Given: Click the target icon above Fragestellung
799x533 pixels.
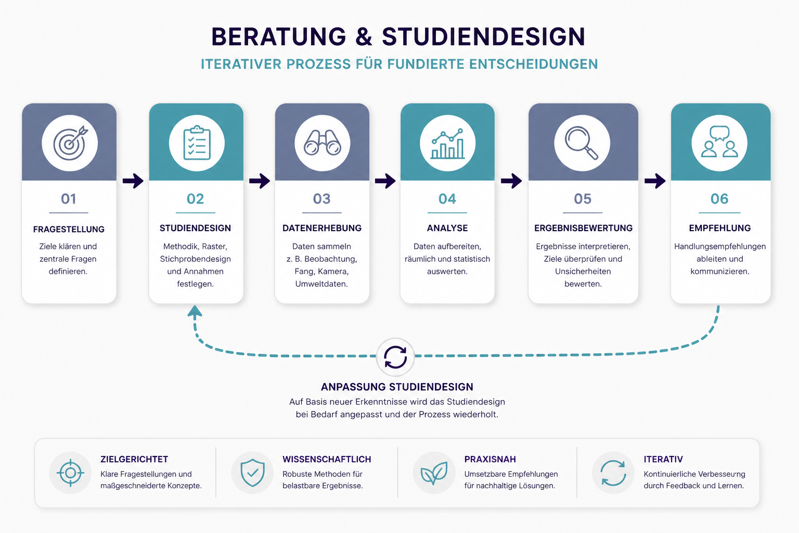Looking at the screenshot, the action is tap(70, 143).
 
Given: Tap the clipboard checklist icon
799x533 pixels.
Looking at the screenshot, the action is tap(197, 143).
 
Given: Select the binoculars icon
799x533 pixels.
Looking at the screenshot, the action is tap(322, 143).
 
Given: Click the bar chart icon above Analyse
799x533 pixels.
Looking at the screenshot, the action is tap(447, 144).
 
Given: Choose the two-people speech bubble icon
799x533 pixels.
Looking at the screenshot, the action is tap(719, 142).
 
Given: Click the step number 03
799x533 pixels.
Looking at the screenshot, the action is tap(322, 199).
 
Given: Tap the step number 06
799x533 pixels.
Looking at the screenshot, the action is tap(719, 199).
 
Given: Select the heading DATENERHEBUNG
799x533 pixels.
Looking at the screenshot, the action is tap(322, 228).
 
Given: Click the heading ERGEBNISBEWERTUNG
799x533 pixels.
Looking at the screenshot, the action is tap(583, 228).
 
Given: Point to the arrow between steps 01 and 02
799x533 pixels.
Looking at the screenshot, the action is tap(133, 181).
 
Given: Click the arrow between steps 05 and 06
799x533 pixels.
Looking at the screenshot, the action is tap(655, 181).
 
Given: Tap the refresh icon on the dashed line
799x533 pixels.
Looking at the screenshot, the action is tap(395, 357).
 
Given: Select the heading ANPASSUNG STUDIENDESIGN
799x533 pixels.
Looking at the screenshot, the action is tap(397, 387).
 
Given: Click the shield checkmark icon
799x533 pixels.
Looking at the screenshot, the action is tap(252, 473).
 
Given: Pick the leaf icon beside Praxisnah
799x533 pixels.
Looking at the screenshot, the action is tap(434, 473).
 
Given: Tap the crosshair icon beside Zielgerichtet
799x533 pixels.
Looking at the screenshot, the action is tap(70, 473).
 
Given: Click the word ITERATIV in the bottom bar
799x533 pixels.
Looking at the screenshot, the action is tap(663, 460).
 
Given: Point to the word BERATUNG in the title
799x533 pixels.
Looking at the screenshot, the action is tap(279, 37).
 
